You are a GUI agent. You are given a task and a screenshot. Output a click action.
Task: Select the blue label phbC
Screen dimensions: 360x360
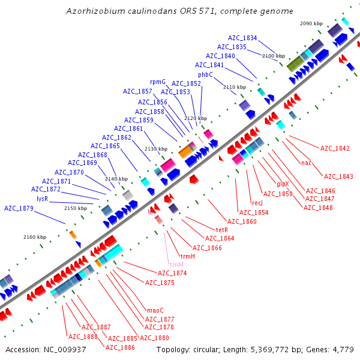pos(206,74)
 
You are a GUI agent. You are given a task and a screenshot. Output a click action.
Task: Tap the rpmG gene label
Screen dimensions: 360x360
pos(158,82)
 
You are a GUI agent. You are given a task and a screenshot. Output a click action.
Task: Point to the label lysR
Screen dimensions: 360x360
pos(42,198)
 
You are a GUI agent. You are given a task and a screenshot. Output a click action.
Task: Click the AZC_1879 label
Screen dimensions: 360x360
pos(19,208)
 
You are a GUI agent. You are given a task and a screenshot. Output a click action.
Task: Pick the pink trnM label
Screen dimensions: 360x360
pos(176,265)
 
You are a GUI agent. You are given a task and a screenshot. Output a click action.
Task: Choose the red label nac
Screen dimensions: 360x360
pos(306,163)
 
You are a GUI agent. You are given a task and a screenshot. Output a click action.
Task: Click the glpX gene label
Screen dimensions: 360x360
pos(283,184)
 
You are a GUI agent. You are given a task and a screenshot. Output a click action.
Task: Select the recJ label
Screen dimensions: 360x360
pos(257,203)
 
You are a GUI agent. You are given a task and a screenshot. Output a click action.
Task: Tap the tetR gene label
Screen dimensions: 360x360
pos(221,230)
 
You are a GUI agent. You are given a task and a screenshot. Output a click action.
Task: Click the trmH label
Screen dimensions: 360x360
pos(188,256)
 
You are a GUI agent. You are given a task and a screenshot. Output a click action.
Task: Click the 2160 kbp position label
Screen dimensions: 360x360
pos(35,237)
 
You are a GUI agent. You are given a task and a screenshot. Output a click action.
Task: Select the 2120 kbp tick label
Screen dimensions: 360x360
pos(196,119)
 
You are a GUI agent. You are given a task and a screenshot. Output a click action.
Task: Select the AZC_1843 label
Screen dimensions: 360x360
pos(338,176)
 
